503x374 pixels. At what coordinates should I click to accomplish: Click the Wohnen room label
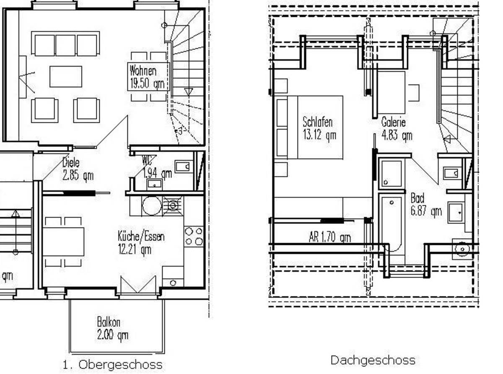143,71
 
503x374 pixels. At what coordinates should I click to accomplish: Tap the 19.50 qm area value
147,83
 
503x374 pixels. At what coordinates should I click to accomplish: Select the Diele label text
71,163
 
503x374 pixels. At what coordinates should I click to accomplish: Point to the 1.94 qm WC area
157,174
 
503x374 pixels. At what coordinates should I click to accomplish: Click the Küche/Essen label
141,236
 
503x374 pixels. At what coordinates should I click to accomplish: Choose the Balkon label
109,322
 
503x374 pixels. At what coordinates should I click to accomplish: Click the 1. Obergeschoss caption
112,365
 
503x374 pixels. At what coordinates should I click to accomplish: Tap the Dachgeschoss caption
373,361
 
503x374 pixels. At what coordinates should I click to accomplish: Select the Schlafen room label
318,122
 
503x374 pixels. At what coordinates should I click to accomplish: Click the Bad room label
417,198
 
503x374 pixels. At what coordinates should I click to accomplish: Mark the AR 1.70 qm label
329,237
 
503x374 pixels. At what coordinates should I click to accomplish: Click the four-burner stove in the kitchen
193,236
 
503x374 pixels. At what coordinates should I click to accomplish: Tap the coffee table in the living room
66,76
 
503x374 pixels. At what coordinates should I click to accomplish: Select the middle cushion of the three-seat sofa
65,45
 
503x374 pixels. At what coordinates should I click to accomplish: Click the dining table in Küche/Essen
63,242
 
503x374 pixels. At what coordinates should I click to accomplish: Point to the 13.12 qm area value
319,135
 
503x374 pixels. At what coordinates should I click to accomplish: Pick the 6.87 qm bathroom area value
426,211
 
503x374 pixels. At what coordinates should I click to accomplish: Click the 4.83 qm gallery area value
397,135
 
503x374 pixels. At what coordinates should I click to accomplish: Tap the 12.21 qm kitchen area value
135,249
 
